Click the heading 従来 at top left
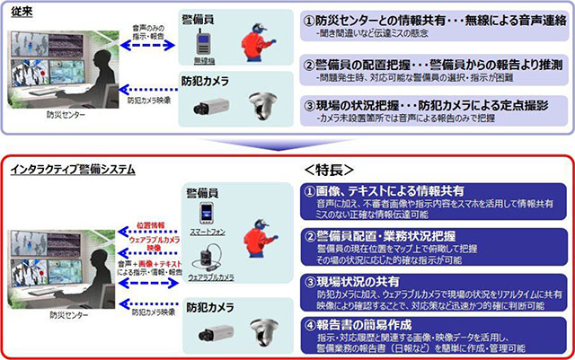(x=19, y=9)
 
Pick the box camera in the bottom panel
(x=208, y=333)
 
